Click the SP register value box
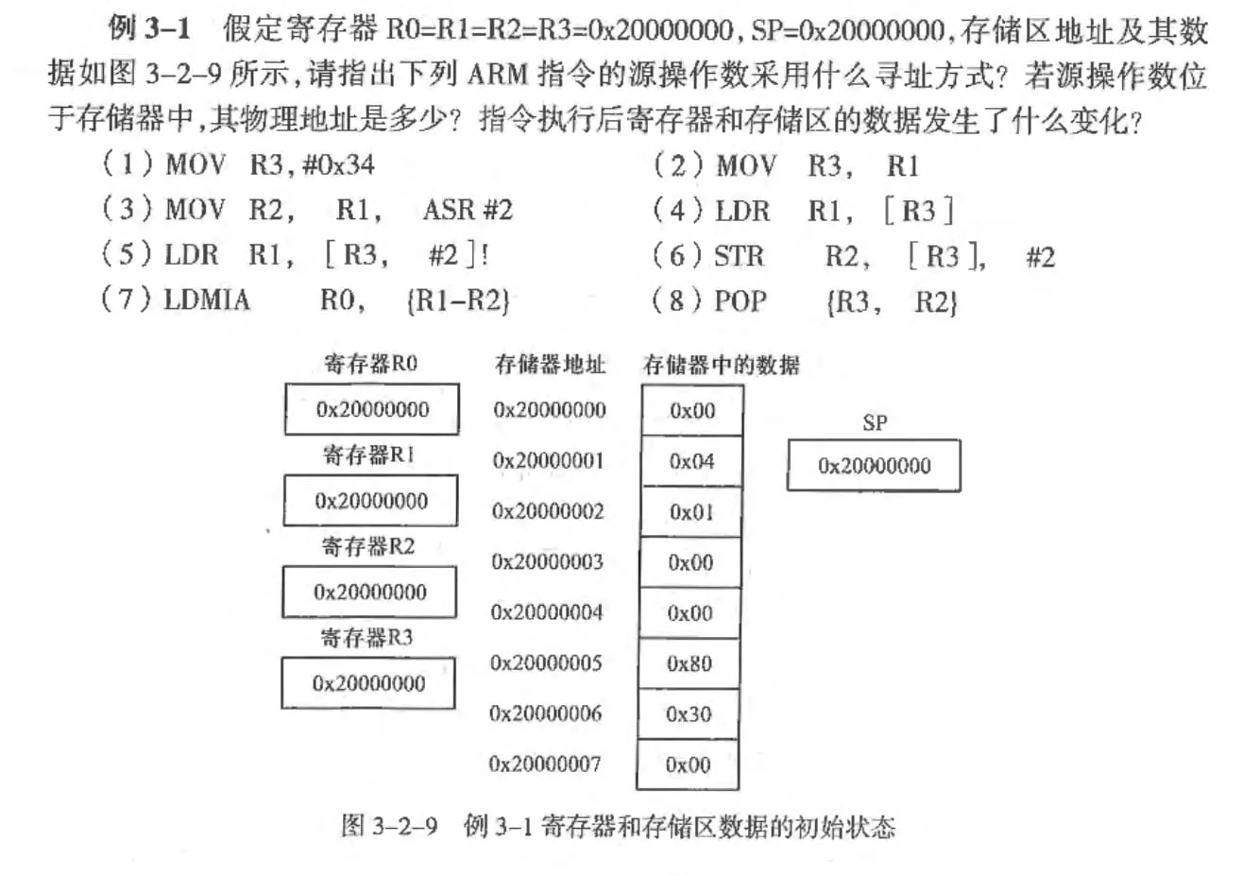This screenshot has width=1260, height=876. (x=874, y=465)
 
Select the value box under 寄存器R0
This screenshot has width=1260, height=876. (x=372, y=409)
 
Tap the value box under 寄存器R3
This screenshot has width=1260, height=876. (x=368, y=683)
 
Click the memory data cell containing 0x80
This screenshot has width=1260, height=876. (x=690, y=663)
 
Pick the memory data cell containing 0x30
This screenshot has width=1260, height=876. (x=690, y=714)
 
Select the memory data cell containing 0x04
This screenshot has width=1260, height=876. (x=692, y=461)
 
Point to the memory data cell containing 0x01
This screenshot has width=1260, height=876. (x=691, y=512)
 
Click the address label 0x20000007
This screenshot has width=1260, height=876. (x=544, y=764)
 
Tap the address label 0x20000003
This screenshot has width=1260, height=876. (x=547, y=561)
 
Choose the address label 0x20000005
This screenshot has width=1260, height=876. (x=546, y=662)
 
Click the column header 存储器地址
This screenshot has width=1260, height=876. (x=550, y=365)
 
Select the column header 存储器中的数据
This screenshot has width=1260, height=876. (x=721, y=365)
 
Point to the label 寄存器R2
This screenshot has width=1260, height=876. (x=367, y=546)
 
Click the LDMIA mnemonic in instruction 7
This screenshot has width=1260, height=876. (x=207, y=300)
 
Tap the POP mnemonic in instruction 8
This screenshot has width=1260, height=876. (x=740, y=301)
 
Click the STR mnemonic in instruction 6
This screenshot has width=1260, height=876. (x=740, y=256)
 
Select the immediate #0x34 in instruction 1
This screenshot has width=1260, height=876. (x=338, y=164)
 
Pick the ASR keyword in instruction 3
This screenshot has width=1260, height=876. (x=449, y=210)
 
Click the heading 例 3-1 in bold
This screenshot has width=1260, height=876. (x=149, y=27)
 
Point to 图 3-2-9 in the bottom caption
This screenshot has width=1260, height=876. (x=389, y=826)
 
